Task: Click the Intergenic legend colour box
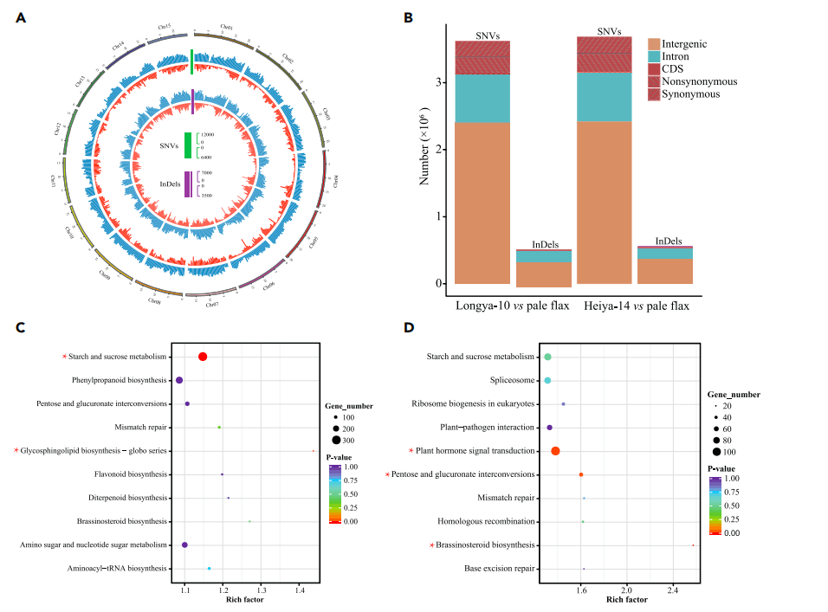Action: point(654,43)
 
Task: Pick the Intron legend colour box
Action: point(654,56)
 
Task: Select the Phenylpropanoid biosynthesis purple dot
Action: point(179,380)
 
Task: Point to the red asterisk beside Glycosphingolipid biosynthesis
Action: point(16,451)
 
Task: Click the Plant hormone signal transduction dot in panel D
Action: point(555,451)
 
